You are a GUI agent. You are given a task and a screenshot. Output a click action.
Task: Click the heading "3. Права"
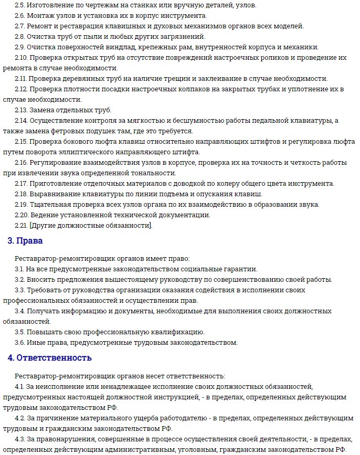25,241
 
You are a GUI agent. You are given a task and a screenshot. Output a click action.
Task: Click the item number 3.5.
21,332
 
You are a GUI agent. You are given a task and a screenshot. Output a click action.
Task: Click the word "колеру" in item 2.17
220,183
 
